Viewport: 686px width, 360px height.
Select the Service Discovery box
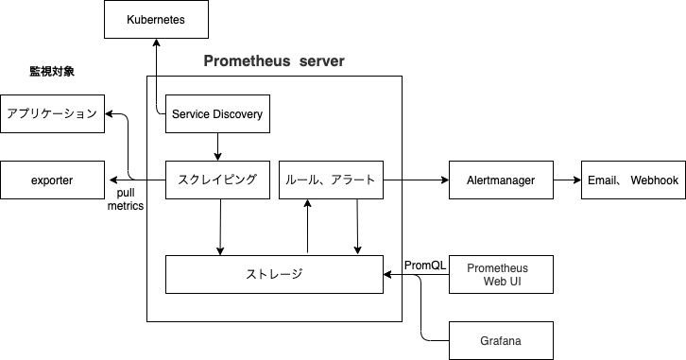218,114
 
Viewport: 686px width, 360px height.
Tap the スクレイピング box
218,180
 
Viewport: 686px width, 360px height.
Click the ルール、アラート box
331,180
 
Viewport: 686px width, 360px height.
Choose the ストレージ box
274,274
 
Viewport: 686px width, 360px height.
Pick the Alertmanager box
501,180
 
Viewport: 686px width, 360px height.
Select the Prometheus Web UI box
501,274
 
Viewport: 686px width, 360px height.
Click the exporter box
52,180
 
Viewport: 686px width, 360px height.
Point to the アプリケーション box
52,114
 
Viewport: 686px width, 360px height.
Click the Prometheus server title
274,61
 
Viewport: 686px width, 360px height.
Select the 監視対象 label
52,72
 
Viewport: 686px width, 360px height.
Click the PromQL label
424,265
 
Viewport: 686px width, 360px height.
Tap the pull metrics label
125,199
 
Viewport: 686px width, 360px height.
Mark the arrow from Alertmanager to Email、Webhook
566,180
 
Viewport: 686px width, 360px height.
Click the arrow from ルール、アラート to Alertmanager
416,180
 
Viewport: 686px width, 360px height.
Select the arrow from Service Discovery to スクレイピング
218,146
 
